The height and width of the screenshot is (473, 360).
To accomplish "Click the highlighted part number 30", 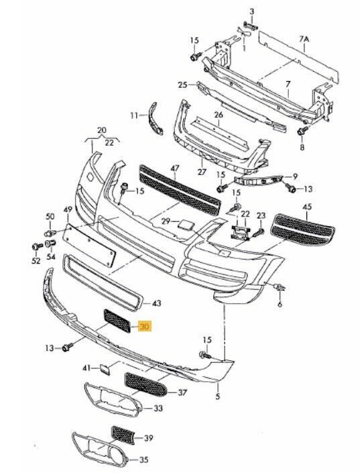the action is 145,326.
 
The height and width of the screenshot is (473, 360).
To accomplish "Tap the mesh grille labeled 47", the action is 180,190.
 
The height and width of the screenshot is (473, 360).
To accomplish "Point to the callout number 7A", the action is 304,39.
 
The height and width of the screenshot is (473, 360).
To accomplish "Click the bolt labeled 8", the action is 302,131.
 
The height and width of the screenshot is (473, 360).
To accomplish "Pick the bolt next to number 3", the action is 250,25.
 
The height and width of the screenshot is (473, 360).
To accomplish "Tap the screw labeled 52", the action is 38,247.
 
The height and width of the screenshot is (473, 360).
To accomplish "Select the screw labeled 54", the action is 50,244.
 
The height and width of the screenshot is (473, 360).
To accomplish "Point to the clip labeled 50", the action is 51,233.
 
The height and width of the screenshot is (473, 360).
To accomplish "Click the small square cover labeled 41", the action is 105,369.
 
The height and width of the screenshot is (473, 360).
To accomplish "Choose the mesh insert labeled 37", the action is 145,384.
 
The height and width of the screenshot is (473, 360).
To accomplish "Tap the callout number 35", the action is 143,460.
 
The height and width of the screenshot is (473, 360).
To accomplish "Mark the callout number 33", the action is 158,408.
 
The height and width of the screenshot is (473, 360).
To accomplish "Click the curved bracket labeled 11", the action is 155,118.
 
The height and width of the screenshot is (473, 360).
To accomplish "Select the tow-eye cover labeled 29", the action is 184,225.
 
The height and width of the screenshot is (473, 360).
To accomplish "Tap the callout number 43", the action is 156,303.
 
